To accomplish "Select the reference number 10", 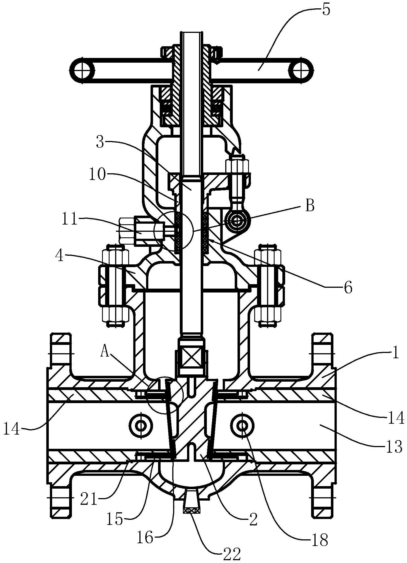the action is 97,176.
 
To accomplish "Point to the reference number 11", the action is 69,220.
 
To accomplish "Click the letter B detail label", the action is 309,206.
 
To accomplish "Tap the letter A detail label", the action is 105,352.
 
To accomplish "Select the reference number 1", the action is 396,353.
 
